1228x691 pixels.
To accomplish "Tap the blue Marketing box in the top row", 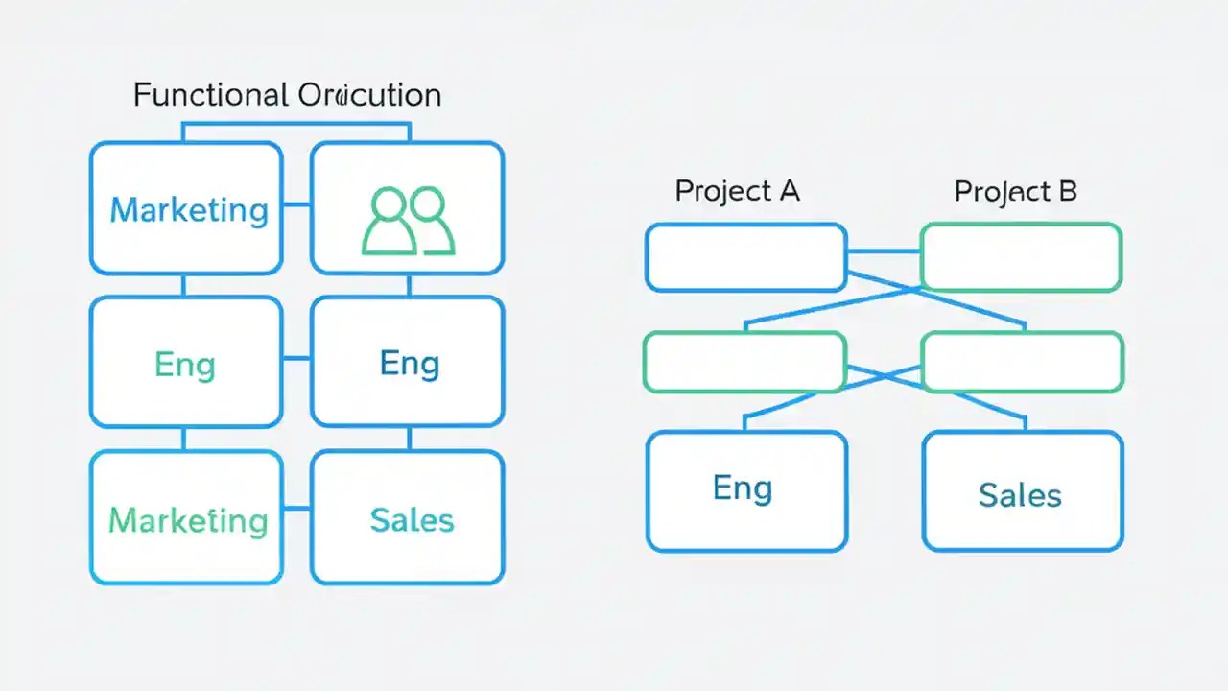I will click(186, 208).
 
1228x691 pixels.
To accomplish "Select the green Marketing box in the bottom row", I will click(186, 518).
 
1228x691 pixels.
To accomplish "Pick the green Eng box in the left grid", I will click(186, 363).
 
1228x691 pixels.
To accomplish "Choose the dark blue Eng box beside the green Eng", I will click(408, 363).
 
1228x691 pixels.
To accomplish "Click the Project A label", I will click(737, 191).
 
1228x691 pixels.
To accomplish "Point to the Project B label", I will click(1015, 191).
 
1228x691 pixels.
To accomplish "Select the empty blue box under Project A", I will click(745, 257).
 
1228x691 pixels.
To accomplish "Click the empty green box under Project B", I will click(1021, 257).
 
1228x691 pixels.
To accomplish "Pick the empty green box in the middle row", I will click(744, 362).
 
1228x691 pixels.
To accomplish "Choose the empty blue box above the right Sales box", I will click(1022, 362).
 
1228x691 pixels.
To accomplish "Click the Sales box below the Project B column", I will click(1022, 491).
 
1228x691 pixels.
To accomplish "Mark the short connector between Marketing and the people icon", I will click(296, 204).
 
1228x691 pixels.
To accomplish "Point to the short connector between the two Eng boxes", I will click(296, 359).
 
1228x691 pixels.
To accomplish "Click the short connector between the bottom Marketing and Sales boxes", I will click(296, 508).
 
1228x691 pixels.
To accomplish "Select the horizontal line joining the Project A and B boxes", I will click(883, 252).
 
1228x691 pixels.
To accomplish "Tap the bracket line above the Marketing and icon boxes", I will click(296, 123).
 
